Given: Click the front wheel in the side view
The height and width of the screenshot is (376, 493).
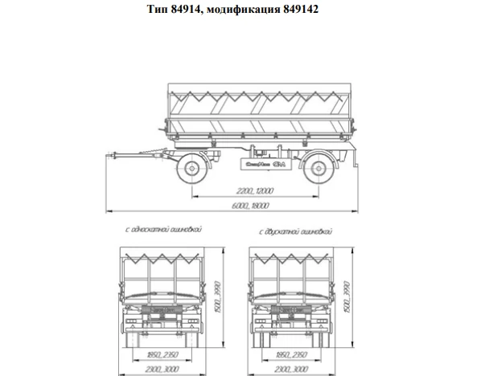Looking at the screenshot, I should [x=192, y=168].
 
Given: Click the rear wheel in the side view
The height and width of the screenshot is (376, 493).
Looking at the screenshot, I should [x=320, y=168].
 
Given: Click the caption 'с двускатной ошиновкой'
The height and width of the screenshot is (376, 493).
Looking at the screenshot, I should [x=295, y=231].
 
